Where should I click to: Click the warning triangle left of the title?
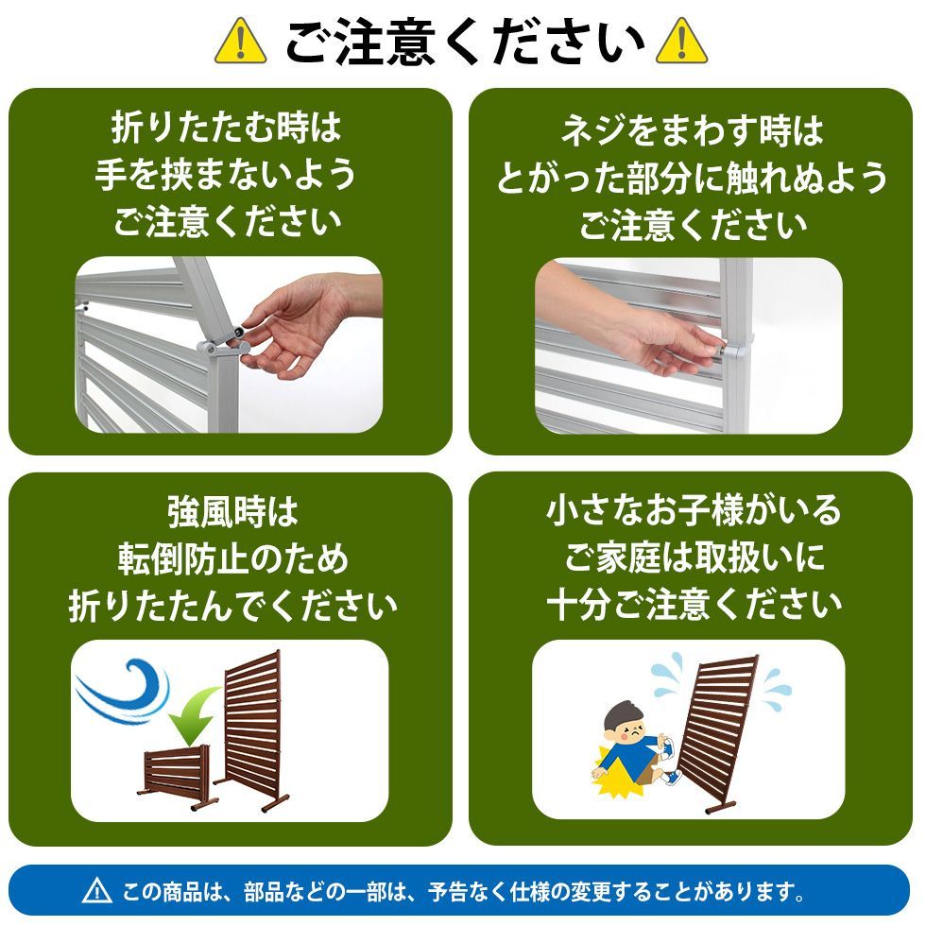point(241,41)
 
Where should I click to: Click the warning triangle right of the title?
point(680,41)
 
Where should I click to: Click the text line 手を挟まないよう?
point(226,174)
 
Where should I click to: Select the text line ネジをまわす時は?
point(692,130)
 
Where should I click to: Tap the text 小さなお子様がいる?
point(693,511)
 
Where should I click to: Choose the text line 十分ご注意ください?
point(693,605)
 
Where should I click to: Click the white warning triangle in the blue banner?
point(97,890)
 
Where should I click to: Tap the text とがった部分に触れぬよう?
point(692,178)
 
